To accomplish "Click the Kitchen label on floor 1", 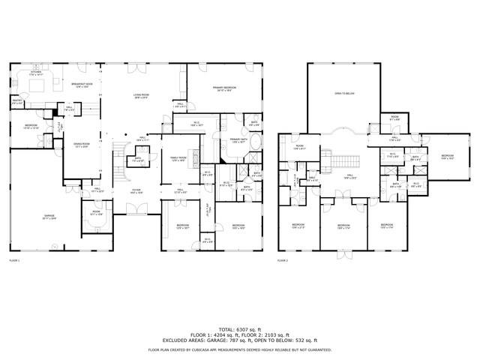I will (x=36, y=73).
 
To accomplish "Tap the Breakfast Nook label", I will (x=82, y=85).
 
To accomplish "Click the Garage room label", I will (x=49, y=217).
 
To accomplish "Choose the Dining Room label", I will (x=82, y=145).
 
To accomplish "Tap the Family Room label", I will (x=178, y=159).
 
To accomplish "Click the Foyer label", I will (x=136, y=190).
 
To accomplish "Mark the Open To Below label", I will (x=344, y=94).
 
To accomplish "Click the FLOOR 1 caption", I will (x=14, y=260).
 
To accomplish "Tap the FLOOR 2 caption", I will (x=282, y=260).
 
